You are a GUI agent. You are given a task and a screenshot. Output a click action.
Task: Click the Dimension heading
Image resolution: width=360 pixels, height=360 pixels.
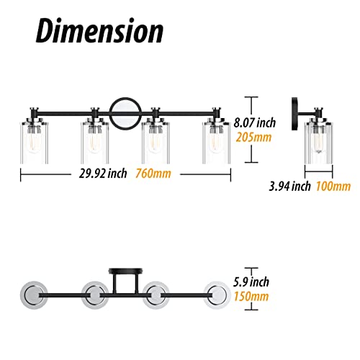99,31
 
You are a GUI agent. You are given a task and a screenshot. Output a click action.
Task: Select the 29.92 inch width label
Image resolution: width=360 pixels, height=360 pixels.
103,174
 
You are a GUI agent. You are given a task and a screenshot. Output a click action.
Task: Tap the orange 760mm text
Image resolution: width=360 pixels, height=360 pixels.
153,174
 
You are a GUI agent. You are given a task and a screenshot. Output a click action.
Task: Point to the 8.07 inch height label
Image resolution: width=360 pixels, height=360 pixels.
255,122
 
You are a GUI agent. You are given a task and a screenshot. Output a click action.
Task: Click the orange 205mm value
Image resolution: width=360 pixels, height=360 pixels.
253,138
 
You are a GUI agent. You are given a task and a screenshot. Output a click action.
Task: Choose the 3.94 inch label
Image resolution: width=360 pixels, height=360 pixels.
289,186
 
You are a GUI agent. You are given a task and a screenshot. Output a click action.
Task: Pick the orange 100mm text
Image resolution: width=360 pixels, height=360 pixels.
333,186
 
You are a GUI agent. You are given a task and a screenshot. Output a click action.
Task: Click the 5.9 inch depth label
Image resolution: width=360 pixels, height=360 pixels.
251,282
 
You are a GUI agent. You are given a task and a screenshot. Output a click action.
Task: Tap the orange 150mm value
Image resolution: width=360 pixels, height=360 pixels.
251,297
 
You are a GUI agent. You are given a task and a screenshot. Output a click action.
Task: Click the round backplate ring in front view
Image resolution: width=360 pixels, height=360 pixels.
110,114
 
